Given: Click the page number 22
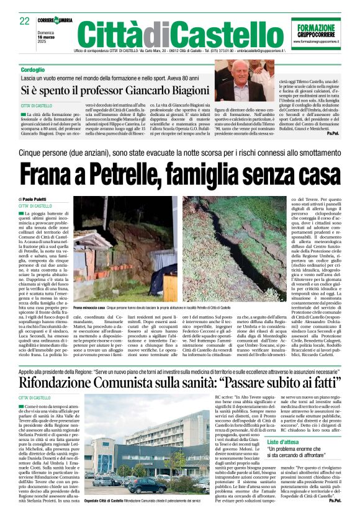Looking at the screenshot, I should [x=24, y=21].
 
